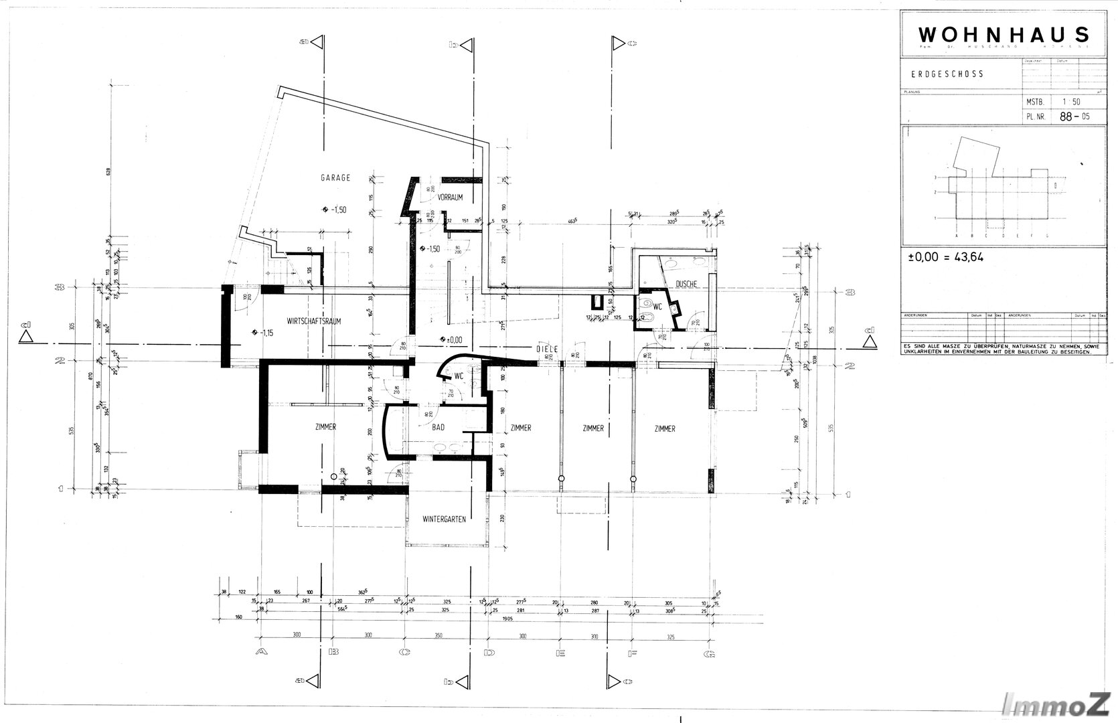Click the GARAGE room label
(336, 178)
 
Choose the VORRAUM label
(451, 197)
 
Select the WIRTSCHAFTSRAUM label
(314, 321)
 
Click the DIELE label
(546, 349)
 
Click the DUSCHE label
(686, 284)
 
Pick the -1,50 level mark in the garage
(337, 210)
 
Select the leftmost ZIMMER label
(324, 427)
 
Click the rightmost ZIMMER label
(665, 429)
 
